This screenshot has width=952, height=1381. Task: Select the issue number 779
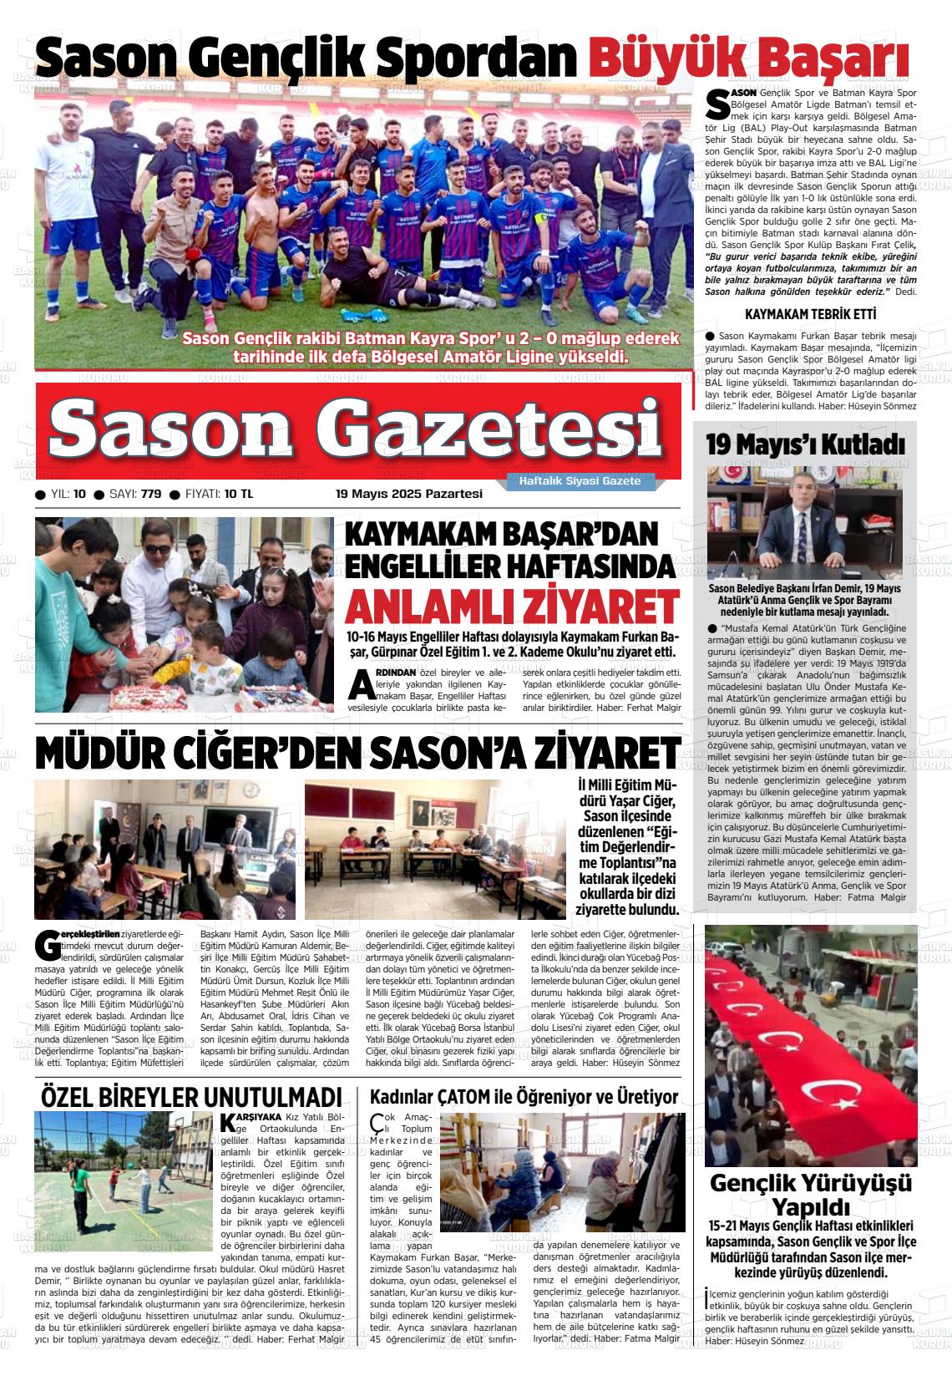151,494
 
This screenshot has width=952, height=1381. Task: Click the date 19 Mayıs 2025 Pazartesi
409,494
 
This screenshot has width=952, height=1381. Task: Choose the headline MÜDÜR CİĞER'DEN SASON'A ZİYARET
357,754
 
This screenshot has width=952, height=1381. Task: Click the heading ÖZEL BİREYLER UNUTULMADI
192,1097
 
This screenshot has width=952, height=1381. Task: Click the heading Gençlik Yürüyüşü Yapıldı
810,1195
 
